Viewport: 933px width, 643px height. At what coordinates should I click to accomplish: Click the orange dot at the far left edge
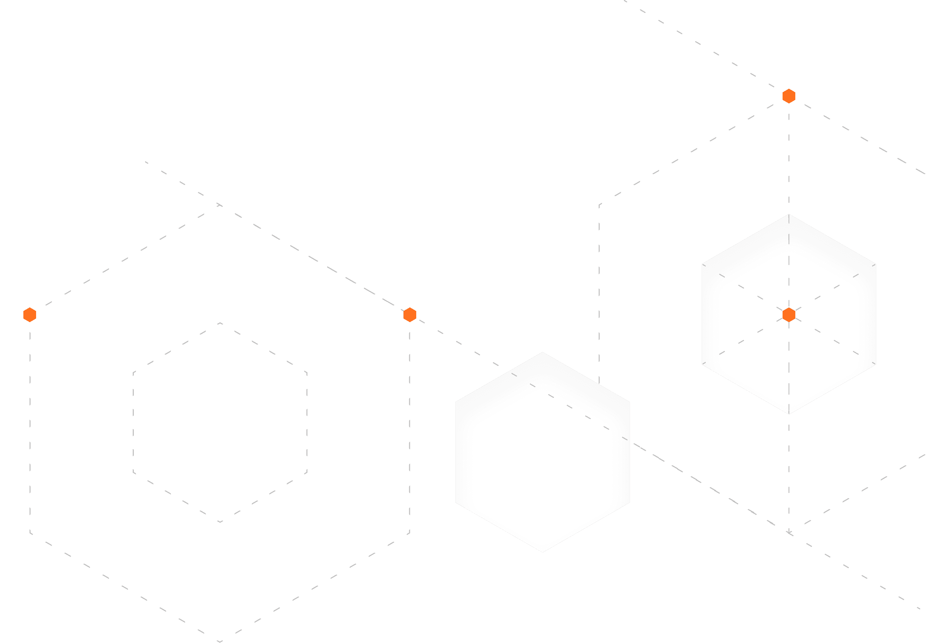tap(30, 315)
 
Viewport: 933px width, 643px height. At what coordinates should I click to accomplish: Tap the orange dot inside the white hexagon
tap(789, 315)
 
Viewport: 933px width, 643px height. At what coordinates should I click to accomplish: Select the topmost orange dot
tap(789, 96)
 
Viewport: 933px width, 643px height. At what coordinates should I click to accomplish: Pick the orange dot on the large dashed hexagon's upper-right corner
tap(410, 315)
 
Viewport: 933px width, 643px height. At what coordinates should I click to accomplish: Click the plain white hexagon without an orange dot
tap(542, 452)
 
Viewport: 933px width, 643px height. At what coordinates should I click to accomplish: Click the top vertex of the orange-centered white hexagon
tap(789, 214)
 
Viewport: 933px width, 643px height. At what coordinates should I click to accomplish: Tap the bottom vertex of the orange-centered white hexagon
tap(789, 414)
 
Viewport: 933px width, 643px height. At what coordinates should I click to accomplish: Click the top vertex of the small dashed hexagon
tap(220, 323)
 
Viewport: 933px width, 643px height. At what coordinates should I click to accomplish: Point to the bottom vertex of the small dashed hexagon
tap(220, 522)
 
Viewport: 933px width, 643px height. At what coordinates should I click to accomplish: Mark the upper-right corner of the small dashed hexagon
tap(307, 373)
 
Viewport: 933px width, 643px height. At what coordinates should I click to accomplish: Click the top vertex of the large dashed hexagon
tap(220, 205)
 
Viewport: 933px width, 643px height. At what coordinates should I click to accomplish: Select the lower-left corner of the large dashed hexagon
tap(30, 533)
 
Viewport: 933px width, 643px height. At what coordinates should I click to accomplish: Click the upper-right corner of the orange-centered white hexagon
tap(876, 265)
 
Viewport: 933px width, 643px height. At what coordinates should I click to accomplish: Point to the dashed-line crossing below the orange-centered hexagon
tap(789, 533)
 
